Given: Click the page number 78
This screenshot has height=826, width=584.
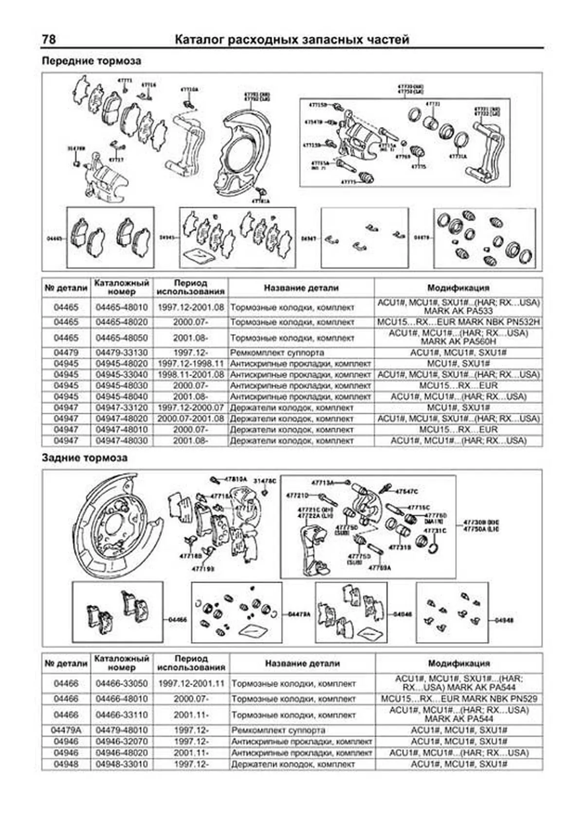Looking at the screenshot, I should pos(49,39).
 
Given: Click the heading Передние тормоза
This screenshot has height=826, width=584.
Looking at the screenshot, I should pos(91,61).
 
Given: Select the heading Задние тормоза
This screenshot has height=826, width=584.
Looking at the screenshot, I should pos(85,458).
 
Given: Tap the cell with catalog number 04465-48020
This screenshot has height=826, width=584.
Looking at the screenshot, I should pos(121,322).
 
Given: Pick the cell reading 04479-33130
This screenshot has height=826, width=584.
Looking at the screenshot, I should pos(121,352).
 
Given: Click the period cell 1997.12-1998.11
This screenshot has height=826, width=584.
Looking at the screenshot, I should pos(191,364).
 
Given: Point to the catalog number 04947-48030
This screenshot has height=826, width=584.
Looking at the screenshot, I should pos(121,441).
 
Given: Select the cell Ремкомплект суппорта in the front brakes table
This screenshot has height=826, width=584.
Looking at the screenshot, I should pos(277,352).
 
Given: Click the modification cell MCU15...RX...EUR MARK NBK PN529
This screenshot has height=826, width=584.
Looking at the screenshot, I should pos(459,699).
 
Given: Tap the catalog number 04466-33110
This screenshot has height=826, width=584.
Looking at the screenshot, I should pos(122,715).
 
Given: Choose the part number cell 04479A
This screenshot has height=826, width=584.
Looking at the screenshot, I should pos(66,730).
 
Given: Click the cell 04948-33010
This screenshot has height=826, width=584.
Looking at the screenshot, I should pos(122,764).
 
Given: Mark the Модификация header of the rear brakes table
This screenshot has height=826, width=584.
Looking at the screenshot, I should pos(459,663).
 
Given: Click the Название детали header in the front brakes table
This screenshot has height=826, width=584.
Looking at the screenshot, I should pos(301,288).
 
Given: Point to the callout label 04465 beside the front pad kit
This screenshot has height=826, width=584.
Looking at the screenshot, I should pos(55,239).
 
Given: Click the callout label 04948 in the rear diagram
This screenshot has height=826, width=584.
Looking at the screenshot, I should pos(504,621).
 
